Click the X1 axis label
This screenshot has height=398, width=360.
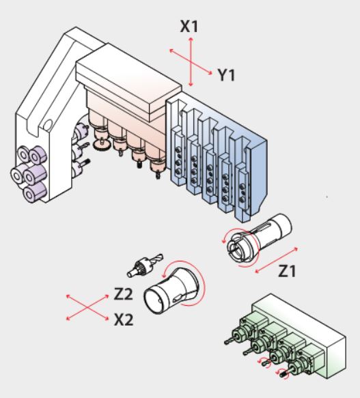pyautogui.click(x=189, y=27)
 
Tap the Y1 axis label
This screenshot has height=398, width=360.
pyautogui.click(x=227, y=75)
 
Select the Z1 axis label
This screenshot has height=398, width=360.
pyautogui.click(x=288, y=271)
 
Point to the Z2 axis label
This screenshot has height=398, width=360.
pyautogui.click(x=123, y=294)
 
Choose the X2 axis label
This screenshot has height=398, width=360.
pyautogui.click(x=124, y=319)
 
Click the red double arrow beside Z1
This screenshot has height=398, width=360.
pyautogui.click(x=276, y=260)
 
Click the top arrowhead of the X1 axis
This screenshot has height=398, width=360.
pyautogui.click(x=191, y=40)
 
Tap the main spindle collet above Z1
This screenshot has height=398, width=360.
pyautogui.click(x=257, y=239)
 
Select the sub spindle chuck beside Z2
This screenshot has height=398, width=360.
pyautogui.click(x=171, y=289)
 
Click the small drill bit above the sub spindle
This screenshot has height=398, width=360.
pyautogui.click(x=145, y=265)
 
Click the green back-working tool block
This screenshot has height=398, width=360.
pyautogui.click(x=287, y=338)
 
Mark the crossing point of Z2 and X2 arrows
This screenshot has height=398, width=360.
pyautogui.click(x=87, y=307)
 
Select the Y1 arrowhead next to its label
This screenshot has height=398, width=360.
pyautogui.click(x=210, y=73)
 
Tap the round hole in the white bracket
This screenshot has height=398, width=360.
pyautogui.click(x=48, y=124)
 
